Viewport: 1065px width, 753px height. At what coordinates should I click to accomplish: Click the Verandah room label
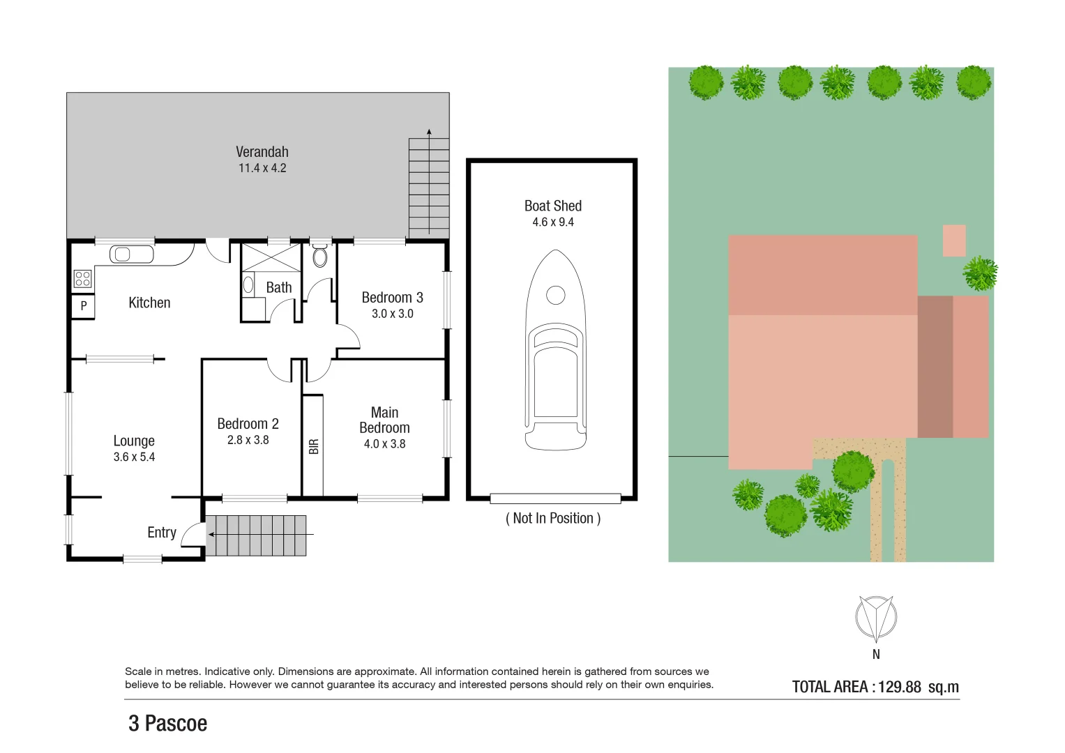click(262, 152)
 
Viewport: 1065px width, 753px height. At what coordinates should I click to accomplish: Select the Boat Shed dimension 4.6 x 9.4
click(552, 222)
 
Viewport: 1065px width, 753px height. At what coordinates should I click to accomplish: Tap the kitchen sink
click(131, 254)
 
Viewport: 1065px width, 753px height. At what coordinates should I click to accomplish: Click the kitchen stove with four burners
click(82, 279)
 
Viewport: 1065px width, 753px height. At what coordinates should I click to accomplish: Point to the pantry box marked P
click(83, 306)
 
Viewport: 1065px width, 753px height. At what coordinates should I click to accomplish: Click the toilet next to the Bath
click(320, 256)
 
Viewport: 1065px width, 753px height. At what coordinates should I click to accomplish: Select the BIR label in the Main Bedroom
click(314, 446)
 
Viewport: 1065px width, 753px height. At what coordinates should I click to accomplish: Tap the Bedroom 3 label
click(392, 298)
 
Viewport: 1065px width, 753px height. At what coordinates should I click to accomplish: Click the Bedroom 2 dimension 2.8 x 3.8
click(248, 440)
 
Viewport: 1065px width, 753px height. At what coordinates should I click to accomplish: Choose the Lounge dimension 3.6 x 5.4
click(134, 457)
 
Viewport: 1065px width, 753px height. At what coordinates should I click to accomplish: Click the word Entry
click(161, 533)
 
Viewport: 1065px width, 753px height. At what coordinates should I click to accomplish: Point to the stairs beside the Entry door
click(257, 535)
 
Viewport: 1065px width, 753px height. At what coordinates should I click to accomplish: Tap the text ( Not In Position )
click(552, 518)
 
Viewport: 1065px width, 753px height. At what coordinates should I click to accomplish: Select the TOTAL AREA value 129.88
click(899, 687)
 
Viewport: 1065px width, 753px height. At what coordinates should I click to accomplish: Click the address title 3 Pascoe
click(167, 724)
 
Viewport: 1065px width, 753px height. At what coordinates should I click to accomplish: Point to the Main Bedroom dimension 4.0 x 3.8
click(384, 444)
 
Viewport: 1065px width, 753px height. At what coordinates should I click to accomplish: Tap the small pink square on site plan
click(953, 240)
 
